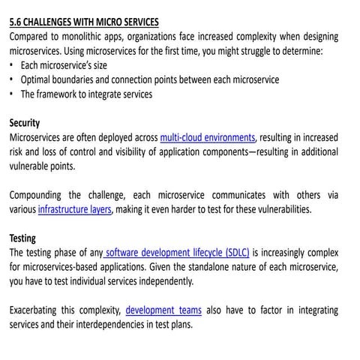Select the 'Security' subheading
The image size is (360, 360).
(25, 122)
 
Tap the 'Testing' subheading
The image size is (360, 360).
(22, 238)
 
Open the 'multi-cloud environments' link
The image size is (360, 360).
(208, 137)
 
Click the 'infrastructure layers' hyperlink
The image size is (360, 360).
(75, 209)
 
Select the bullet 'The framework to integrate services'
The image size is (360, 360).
(86, 94)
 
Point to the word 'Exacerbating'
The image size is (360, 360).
(37, 310)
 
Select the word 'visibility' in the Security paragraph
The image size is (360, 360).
(178, 151)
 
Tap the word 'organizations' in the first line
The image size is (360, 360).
(163, 36)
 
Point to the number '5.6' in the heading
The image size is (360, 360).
(16, 21)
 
